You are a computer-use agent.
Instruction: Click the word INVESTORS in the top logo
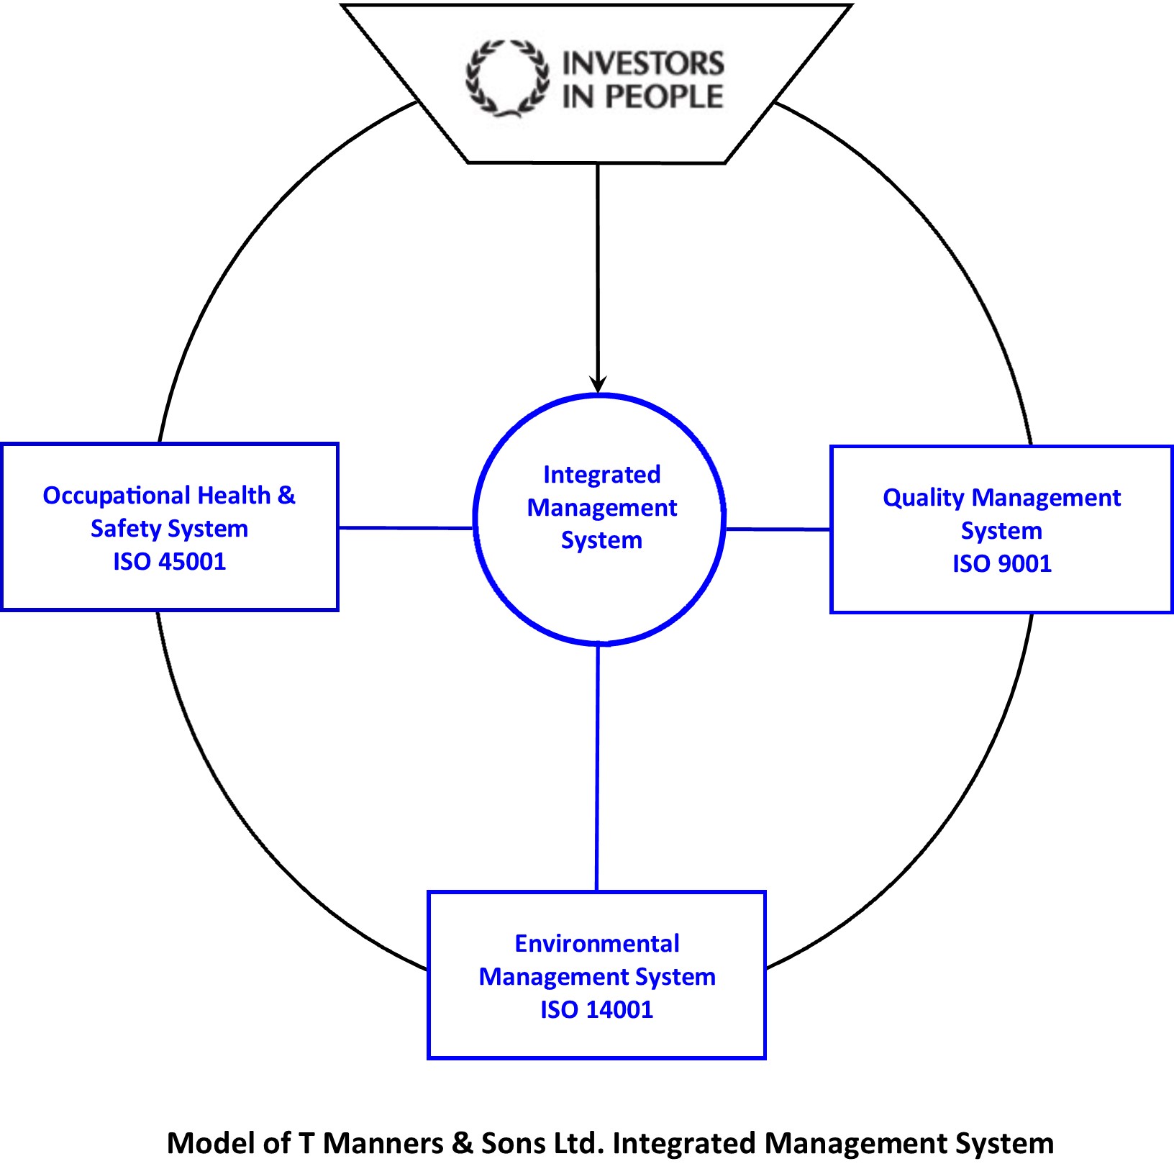point(642,63)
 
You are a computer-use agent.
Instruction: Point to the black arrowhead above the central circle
point(598,384)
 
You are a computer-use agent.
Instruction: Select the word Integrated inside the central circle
point(601,475)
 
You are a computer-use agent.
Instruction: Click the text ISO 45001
point(169,561)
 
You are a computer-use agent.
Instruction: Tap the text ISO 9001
point(1001,563)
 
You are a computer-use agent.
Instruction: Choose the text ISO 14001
point(596,1009)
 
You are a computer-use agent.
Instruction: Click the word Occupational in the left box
point(116,496)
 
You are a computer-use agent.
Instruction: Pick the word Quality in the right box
point(924,498)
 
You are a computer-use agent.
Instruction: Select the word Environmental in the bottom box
point(596,943)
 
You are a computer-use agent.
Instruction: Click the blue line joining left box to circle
point(405,528)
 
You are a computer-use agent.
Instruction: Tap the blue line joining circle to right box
point(777,529)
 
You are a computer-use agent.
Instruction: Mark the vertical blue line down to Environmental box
point(597,766)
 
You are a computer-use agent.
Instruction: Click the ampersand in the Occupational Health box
point(286,495)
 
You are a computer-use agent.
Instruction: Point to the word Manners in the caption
point(383,1143)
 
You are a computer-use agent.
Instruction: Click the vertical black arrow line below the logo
point(598,273)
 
